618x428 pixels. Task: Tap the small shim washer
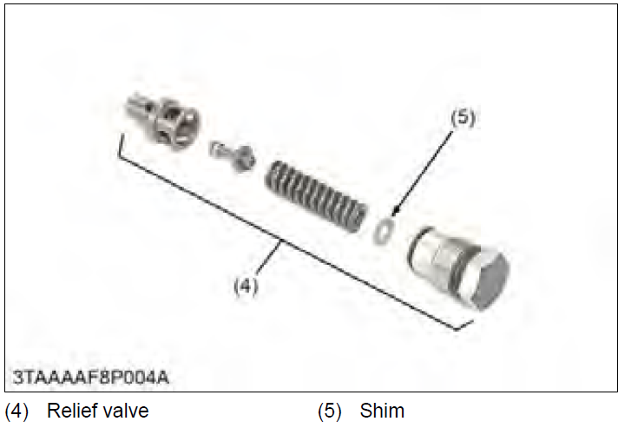[x=383, y=231]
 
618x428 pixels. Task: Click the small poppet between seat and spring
[x=231, y=155]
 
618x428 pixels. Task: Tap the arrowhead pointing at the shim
[x=393, y=213]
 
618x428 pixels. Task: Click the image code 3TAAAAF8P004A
[x=89, y=379]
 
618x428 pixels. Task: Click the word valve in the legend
[x=128, y=410]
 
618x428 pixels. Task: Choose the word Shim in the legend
[x=382, y=410]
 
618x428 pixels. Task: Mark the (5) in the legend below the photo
[x=331, y=410]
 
